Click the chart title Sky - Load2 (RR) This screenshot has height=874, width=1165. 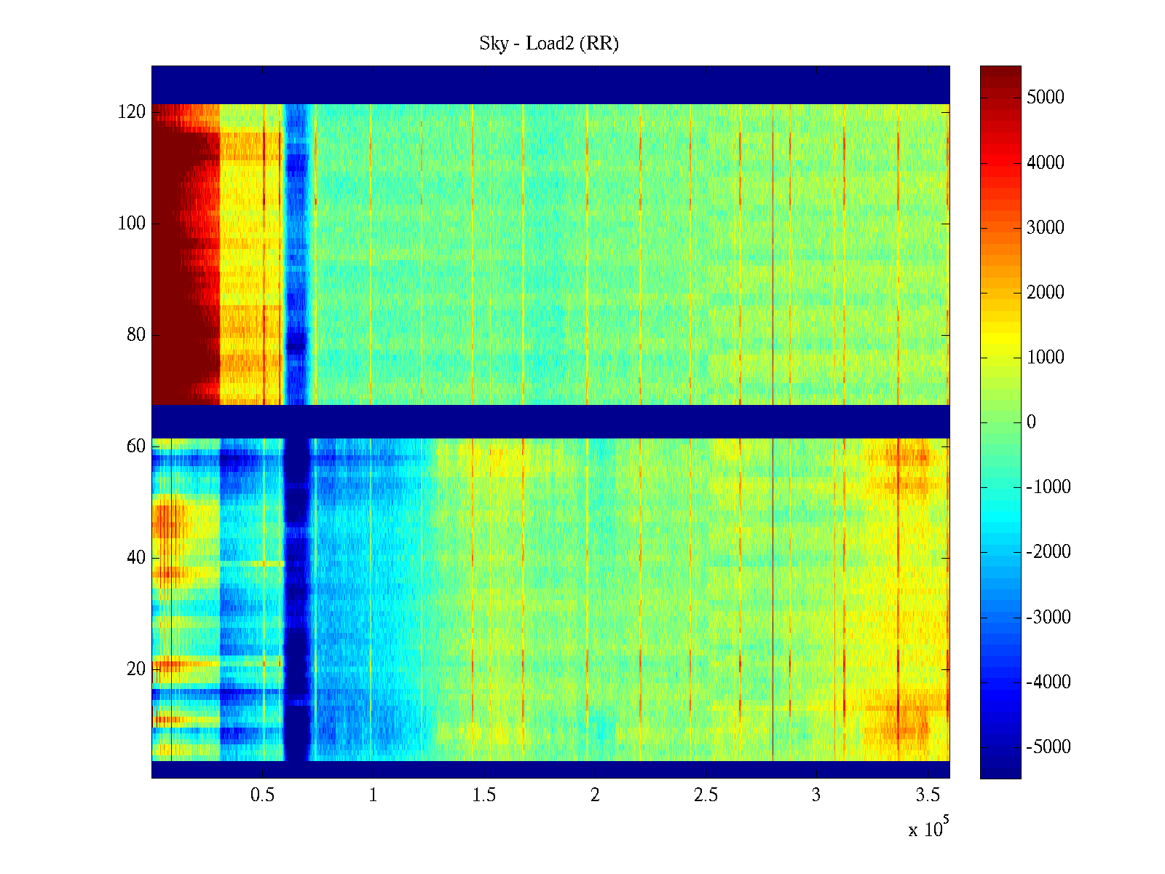tap(549, 44)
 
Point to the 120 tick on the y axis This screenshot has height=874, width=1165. tap(132, 112)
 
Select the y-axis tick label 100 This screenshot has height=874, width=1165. tap(132, 224)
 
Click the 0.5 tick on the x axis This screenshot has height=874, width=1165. tap(262, 795)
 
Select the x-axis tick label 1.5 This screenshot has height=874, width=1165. tap(484, 795)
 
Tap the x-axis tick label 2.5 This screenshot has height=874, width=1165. tap(706, 795)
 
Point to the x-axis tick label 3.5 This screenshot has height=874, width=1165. tap(928, 795)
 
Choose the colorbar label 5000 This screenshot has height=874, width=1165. tap(1045, 98)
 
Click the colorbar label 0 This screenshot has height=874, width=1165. tap(1031, 422)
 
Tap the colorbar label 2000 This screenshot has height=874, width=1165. tap(1045, 293)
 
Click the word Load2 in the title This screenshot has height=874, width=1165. tap(550, 44)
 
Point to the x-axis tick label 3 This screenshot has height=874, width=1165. tap(816, 795)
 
